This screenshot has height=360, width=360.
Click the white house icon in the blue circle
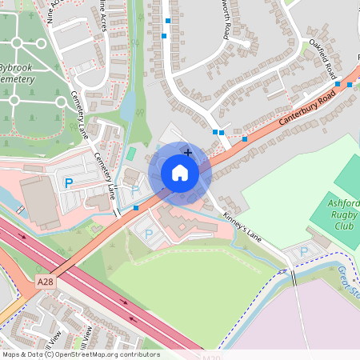pos(180,173)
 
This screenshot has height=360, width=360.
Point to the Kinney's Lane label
pos(242,226)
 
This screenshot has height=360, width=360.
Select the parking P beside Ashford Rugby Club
pos(303,252)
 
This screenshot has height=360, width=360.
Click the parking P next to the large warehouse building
pos(68,183)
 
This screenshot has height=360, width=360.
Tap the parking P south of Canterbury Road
pos(148,234)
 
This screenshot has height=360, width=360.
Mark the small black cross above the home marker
pos(188,151)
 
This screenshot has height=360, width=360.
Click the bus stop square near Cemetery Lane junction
pos(136,208)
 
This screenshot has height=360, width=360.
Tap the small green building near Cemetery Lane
pos(131,152)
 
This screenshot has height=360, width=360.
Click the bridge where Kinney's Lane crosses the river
pos(292,278)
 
